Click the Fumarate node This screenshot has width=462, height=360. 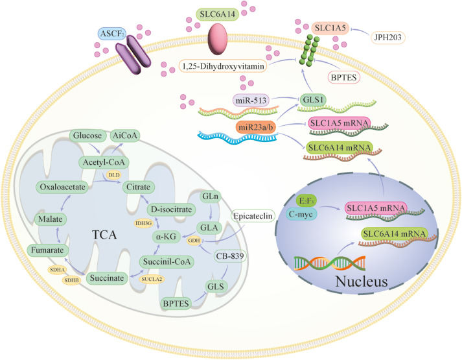47,247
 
